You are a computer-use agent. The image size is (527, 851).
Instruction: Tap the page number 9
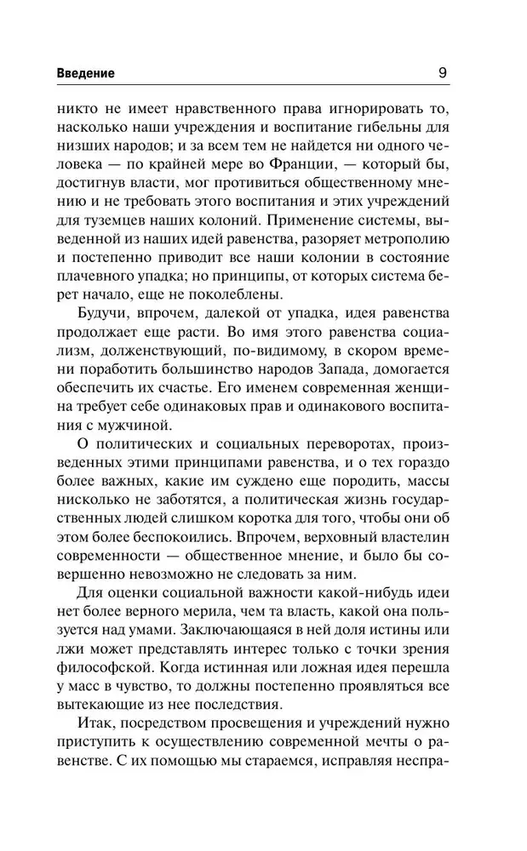click(442, 72)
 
